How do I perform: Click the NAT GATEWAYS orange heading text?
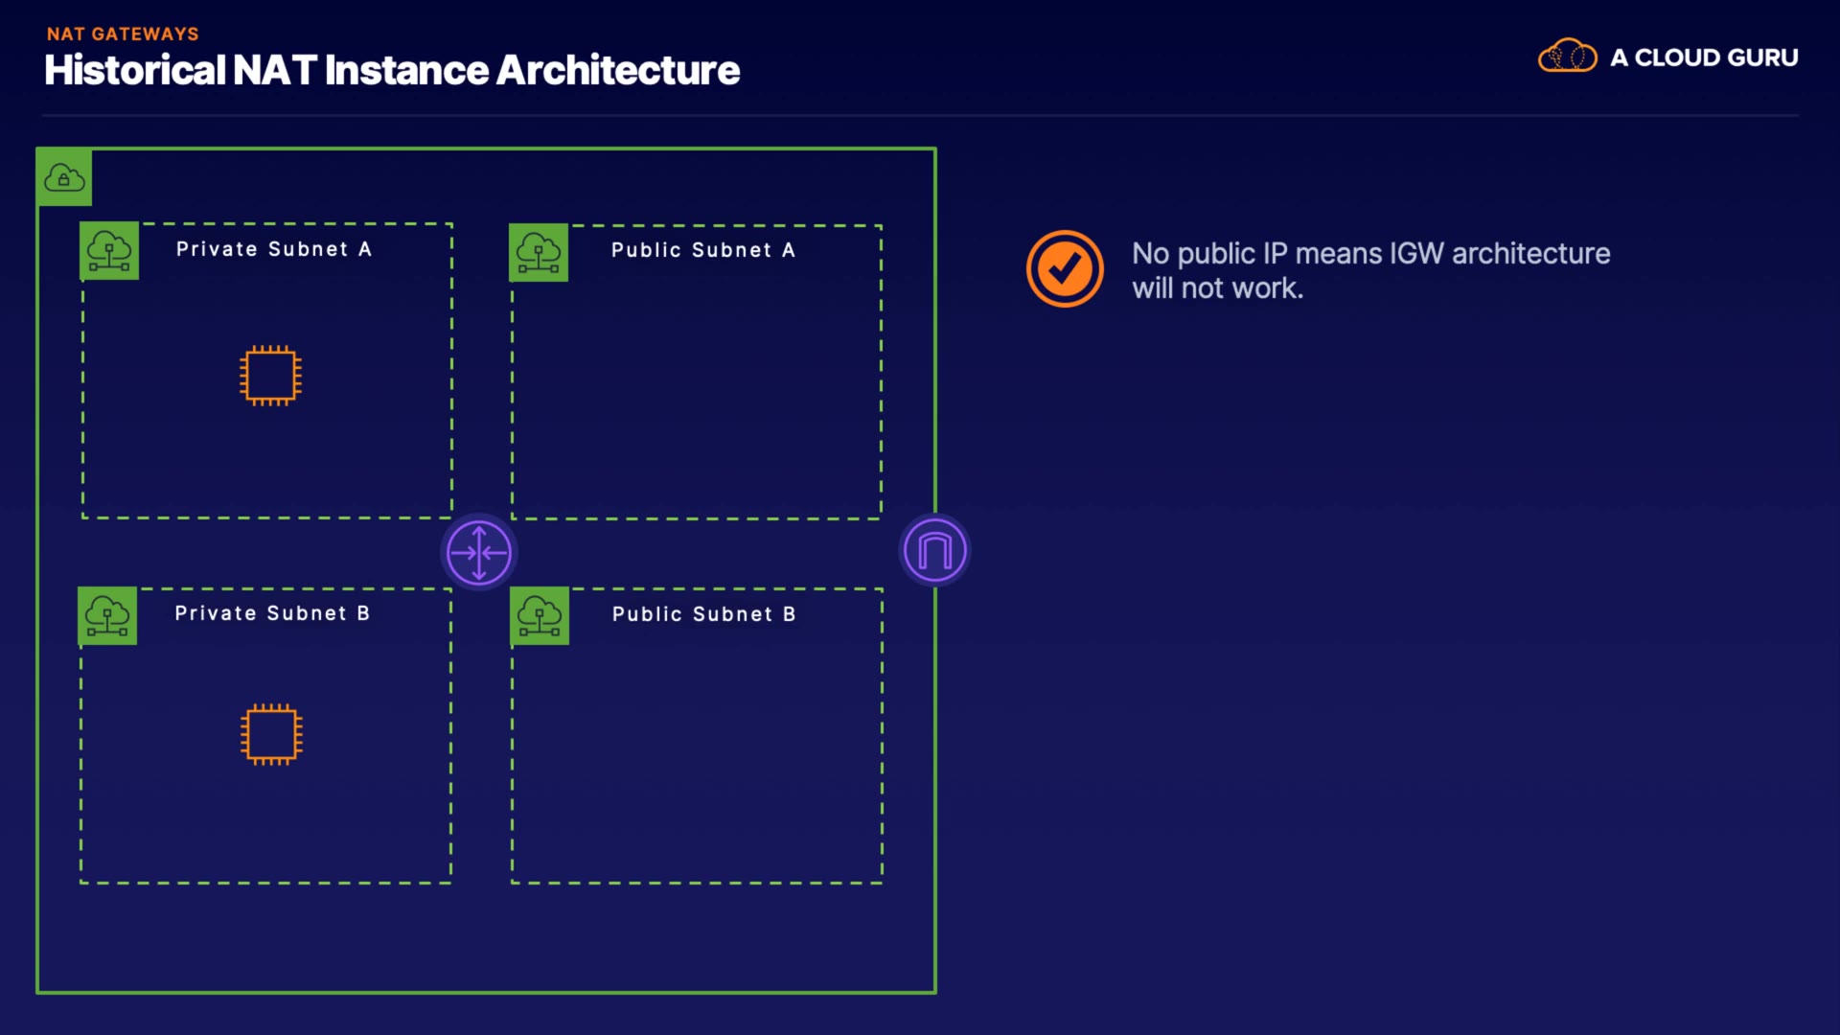pos(123,34)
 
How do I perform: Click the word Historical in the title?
pos(134,70)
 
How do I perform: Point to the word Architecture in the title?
pos(618,70)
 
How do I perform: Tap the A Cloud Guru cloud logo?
pos(1568,56)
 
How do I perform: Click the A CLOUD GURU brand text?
pos(1704,57)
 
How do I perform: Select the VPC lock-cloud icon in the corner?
pos(64,177)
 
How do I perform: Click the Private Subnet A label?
pos(273,249)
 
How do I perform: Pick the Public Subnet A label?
pos(703,250)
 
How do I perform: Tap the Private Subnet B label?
pos(272,613)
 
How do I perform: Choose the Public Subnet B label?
pos(704,614)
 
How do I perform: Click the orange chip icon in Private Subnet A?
pos(270,376)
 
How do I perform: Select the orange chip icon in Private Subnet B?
pos(271,735)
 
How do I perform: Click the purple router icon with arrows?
pos(479,552)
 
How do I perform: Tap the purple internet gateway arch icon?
pos(935,550)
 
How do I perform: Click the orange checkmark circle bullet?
pos(1065,268)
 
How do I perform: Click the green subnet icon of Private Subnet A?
pos(109,251)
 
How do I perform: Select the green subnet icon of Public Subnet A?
pos(539,253)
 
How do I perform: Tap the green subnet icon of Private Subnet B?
pos(107,615)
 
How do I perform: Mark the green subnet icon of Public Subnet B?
pos(540,615)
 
